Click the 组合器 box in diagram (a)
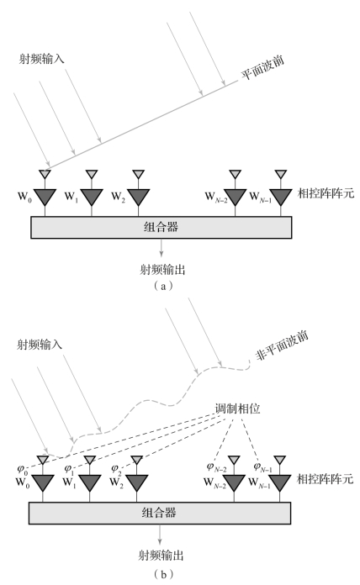tap(161, 227)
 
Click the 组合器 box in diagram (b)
tap(160, 513)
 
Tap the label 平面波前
tap(262, 67)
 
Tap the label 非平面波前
tap(283, 345)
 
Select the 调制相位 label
tap(237, 408)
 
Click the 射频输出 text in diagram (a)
tap(162, 270)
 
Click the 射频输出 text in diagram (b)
tap(161, 556)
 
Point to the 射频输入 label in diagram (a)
tap(41, 59)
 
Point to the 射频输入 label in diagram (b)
tap(40, 345)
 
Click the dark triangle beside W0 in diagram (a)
tap(45, 197)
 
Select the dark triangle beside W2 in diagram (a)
tap(138, 197)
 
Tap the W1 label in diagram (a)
tap(71, 196)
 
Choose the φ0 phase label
tap(23, 469)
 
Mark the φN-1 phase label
tap(263, 467)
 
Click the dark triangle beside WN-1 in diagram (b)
tap(280, 482)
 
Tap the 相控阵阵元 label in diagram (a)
tap(326, 193)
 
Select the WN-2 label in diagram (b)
tap(214, 482)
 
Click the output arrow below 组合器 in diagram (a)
tap(161, 247)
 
